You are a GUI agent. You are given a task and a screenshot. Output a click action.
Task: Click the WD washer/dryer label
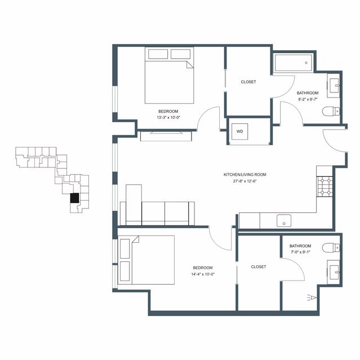coord(239,132)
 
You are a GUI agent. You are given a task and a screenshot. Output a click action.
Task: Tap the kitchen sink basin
coord(284,221)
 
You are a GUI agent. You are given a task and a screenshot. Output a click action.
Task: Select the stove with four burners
coord(325,186)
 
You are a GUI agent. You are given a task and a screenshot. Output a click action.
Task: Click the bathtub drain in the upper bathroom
coord(306,63)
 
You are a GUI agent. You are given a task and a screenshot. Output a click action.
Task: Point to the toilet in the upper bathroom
coord(331,112)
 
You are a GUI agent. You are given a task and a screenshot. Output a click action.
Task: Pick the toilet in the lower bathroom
coord(331,248)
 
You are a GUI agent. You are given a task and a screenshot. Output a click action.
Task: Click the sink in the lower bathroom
coord(334,273)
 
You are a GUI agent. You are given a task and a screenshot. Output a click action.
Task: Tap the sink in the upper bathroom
coord(334,86)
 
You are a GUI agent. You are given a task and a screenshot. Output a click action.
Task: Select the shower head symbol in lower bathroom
coord(312,298)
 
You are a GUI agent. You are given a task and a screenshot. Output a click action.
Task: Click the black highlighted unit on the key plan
coord(74,198)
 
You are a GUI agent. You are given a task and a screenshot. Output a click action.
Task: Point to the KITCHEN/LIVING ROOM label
coord(245,175)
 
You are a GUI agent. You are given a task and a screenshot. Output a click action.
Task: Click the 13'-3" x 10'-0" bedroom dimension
coord(168,118)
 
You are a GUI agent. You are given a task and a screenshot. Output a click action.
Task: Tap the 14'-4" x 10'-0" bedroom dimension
coord(203,274)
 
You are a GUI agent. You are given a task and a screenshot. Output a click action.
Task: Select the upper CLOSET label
coord(248,82)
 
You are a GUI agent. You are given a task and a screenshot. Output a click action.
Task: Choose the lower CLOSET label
coord(259,267)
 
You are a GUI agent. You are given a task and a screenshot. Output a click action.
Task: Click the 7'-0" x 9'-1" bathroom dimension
coord(300,252)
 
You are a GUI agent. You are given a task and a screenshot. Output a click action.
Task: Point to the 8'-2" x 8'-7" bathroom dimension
coord(308,99)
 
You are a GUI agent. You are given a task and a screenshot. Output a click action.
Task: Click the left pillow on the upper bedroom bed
coord(158,54)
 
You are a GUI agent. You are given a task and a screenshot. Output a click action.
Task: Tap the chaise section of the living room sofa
coord(134,205)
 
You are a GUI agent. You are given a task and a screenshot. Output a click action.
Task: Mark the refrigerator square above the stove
coord(325,171)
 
